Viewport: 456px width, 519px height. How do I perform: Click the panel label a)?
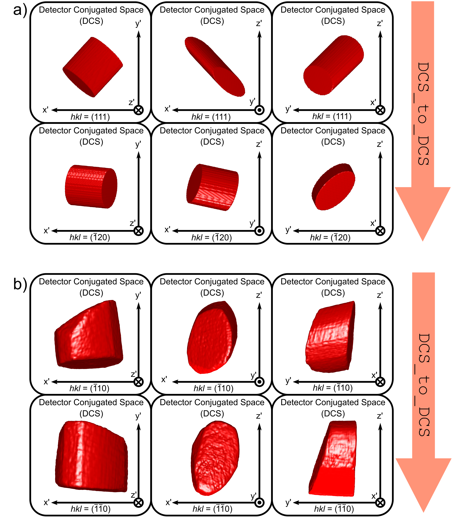coord(20,11)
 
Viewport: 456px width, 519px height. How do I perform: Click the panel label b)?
coord(20,284)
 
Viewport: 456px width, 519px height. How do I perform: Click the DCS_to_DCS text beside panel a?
coord(423,113)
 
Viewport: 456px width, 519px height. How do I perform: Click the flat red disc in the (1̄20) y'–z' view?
coord(333,187)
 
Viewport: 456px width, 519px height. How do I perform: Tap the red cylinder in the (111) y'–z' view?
coord(333,65)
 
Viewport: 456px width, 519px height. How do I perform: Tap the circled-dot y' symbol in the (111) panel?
coord(259,110)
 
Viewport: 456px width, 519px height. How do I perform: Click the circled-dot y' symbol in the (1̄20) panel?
coord(259,231)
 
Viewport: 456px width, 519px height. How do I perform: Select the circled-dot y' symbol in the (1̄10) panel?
coord(259,382)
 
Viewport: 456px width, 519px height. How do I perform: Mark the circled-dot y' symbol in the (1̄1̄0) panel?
coord(259,502)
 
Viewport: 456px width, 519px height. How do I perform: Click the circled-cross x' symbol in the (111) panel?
coord(380,110)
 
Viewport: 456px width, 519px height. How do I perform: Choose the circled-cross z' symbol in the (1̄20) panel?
coord(139,231)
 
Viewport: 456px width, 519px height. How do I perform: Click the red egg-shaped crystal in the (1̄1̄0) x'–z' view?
coord(215,458)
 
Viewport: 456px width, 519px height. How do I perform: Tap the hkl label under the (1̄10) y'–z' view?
coord(333,388)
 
